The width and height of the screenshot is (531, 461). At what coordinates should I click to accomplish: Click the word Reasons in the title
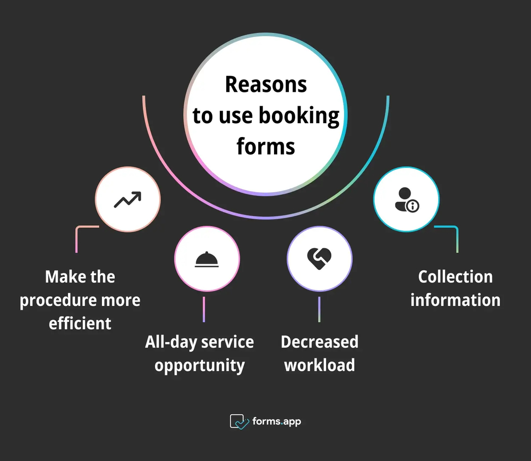pos(265,84)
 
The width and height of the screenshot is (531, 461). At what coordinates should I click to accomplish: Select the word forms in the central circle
pos(265,146)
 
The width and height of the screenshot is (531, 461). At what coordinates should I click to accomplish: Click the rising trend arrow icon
pos(127,200)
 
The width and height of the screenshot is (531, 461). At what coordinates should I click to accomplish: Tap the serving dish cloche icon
pos(207,259)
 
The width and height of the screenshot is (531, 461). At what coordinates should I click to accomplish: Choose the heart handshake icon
pos(319,258)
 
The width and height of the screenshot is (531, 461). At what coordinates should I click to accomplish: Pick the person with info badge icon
pos(406,200)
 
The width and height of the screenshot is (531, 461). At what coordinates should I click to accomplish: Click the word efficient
pos(80,323)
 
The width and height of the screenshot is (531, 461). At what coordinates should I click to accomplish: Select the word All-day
pos(169,342)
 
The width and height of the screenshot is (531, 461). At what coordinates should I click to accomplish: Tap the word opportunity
pos(200,365)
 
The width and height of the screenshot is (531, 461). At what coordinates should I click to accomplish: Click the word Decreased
pos(320,342)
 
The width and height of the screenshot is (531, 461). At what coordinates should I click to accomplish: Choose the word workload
pos(320,365)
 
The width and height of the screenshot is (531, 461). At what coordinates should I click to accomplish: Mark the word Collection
pos(455,277)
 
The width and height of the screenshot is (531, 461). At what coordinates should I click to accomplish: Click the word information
pos(455,300)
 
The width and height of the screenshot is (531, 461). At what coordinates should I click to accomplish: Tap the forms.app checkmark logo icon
pos(239,422)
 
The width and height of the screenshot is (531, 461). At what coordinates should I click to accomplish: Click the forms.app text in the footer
pos(277,422)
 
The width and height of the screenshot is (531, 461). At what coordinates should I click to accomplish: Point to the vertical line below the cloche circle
pos(203,309)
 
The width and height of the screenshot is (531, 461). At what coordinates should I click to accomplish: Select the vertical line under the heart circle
pos(319,309)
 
